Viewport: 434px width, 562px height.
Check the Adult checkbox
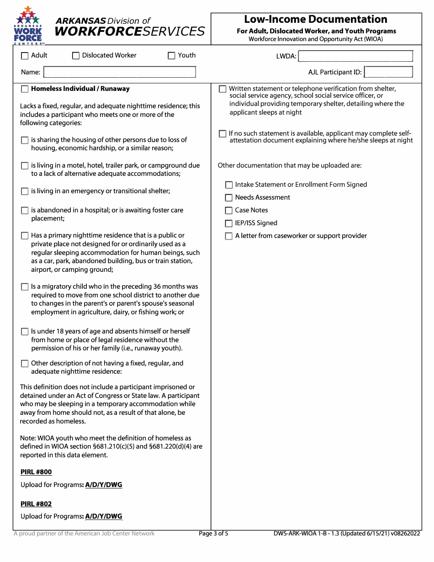25,56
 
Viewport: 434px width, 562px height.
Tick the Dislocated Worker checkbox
76,56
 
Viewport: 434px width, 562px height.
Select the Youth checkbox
172,56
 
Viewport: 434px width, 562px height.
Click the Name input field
120,72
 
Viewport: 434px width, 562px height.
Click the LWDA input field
355,56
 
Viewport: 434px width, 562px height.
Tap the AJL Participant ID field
389,72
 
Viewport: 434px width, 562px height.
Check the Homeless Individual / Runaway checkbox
25,89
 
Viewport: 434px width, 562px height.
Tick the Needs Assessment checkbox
229,198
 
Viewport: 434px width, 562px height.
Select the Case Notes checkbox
229,211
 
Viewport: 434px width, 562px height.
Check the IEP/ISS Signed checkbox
229,223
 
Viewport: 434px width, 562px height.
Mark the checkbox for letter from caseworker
229,236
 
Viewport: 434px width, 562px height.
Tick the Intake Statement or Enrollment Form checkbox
229,185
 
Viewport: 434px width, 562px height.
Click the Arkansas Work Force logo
29,26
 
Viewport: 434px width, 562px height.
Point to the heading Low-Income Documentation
316,19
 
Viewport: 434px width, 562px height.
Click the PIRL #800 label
36,472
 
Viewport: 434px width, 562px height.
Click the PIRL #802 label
36,504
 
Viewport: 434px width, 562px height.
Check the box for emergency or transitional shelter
25,191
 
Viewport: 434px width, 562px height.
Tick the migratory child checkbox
25,287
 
